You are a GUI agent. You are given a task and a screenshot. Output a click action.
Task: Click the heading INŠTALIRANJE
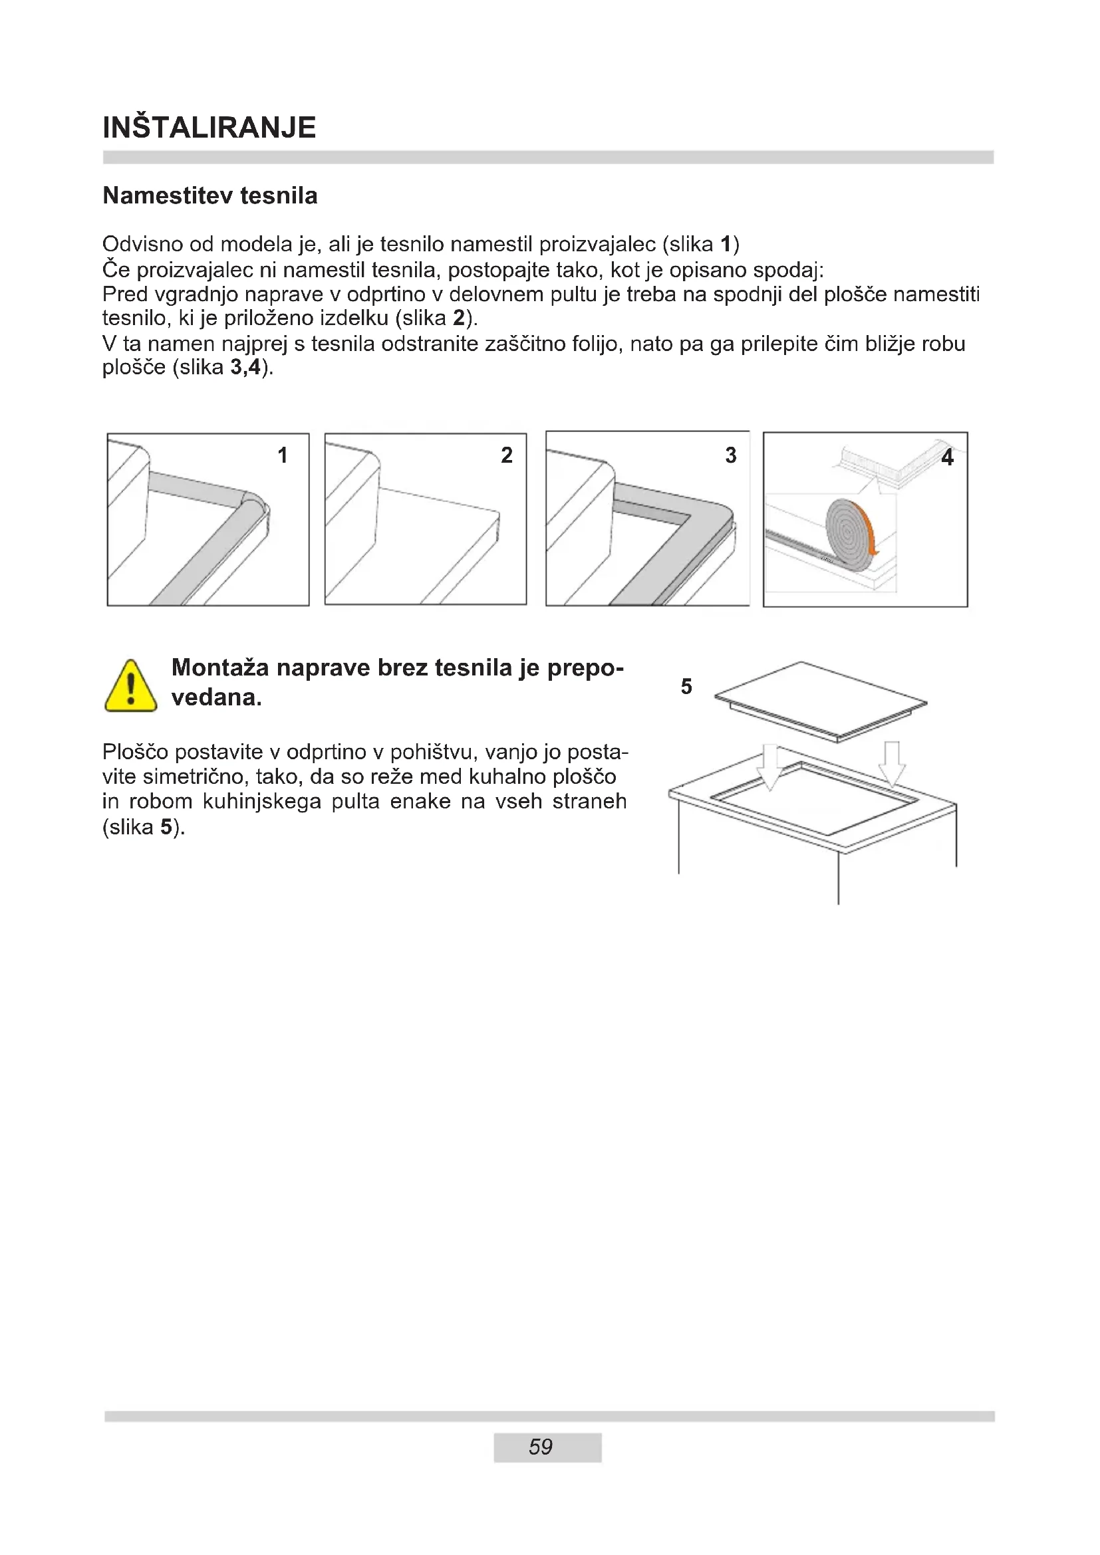(209, 128)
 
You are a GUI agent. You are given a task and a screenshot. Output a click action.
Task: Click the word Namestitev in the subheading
(157, 195)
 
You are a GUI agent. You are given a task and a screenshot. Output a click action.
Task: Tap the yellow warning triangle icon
(131, 687)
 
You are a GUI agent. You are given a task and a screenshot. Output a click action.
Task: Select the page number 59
(541, 1447)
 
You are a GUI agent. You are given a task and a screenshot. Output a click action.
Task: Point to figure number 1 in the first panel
(283, 455)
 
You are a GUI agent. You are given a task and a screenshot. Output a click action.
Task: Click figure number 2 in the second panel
(507, 455)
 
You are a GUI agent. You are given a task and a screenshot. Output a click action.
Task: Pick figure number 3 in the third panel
(730, 455)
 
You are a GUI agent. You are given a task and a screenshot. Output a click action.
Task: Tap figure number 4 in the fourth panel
(947, 458)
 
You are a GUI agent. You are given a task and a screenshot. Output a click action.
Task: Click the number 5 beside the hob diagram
(686, 687)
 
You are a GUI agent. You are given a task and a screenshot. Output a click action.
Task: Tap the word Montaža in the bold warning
(220, 667)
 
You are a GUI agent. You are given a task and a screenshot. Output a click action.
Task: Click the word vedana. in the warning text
(216, 697)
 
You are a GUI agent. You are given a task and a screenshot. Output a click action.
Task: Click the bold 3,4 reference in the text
(245, 368)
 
